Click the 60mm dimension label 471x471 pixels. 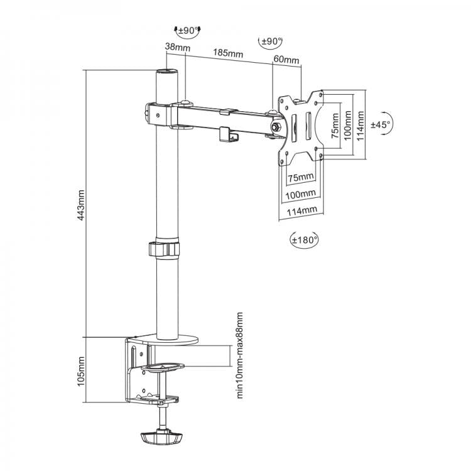286,60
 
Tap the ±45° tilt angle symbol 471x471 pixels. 381,125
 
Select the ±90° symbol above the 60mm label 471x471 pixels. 271,41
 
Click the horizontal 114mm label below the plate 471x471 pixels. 300,211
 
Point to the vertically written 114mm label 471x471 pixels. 360,124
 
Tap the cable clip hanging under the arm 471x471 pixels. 229,134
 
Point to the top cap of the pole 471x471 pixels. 167,73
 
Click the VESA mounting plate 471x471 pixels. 301,126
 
